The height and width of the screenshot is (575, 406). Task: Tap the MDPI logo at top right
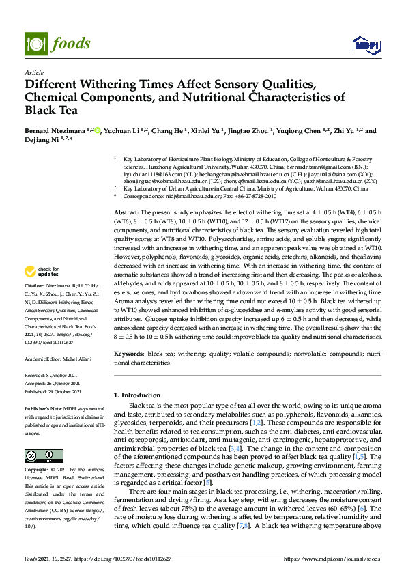tap(366, 45)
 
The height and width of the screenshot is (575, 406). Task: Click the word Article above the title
tap(33, 72)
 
